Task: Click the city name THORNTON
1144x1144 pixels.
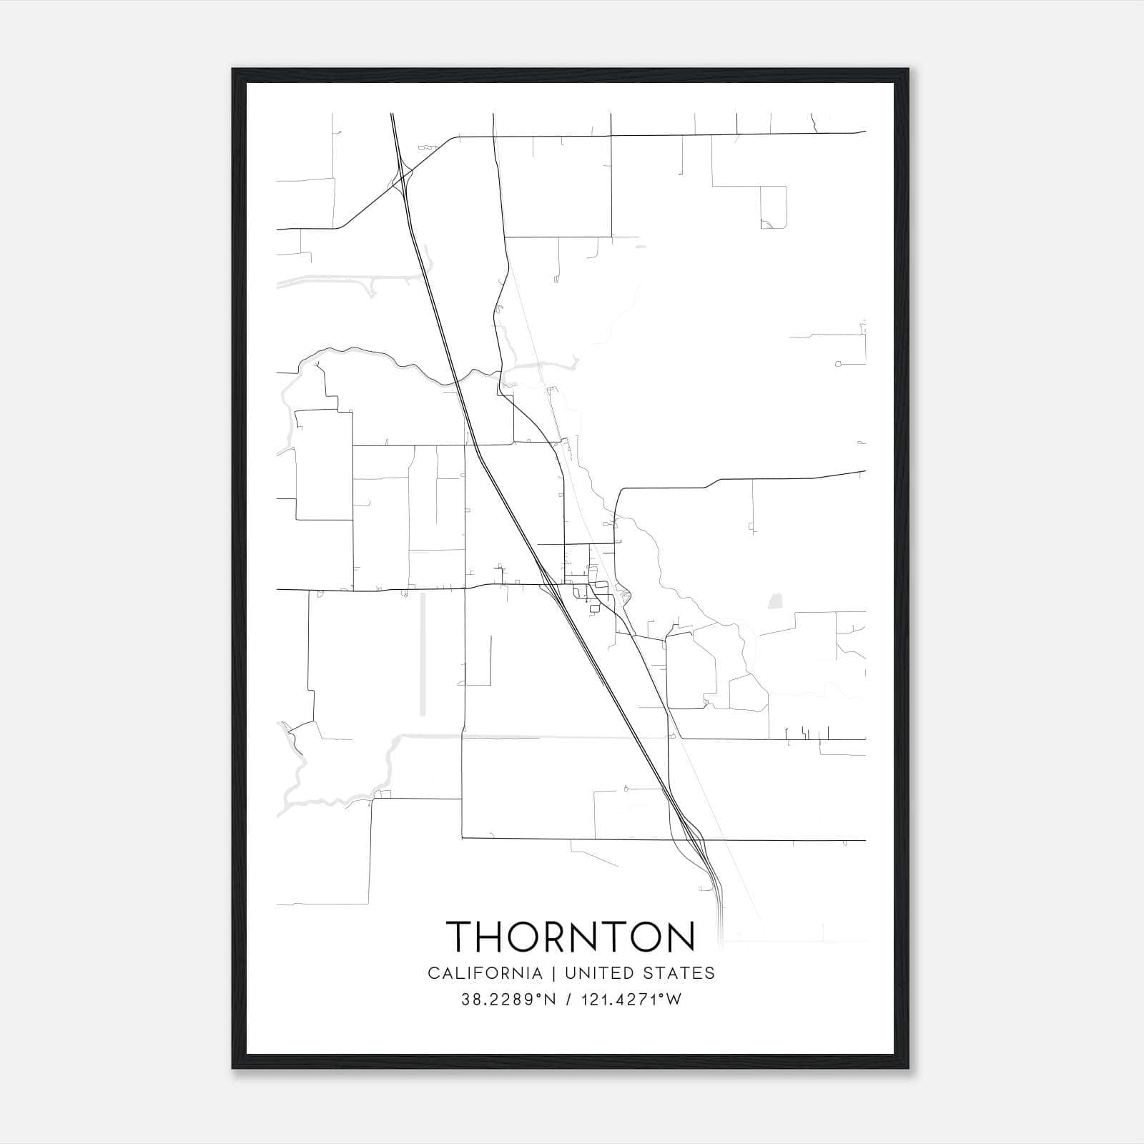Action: (x=571, y=937)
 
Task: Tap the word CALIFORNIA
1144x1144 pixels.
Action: (x=485, y=973)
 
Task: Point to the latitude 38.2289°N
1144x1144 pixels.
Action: (x=508, y=1000)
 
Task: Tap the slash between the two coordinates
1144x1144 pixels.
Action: (x=569, y=1000)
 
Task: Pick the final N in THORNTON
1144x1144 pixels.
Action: (x=679, y=937)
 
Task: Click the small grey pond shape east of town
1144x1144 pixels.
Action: (x=774, y=601)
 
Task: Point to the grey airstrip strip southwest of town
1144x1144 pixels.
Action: (x=423, y=654)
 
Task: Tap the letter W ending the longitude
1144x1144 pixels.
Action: (x=675, y=1000)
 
